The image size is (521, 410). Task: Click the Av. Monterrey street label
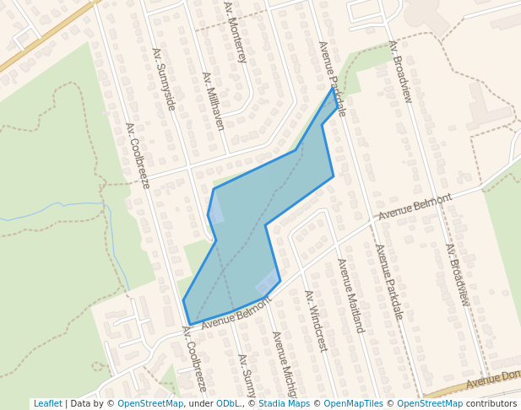pos(236,32)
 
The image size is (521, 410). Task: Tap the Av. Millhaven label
pos(214,100)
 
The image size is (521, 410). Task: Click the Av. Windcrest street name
pos(315,321)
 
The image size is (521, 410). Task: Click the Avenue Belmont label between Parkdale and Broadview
pos(415,207)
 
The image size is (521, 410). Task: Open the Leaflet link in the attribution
pos(47,404)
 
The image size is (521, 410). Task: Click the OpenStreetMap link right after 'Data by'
pos(150,404)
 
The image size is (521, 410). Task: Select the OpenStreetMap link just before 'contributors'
pos(430,404)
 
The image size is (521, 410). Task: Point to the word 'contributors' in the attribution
pos(491,404)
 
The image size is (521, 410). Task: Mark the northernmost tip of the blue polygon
pos(332,88)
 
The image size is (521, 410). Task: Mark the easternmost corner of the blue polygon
pos(334,176)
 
